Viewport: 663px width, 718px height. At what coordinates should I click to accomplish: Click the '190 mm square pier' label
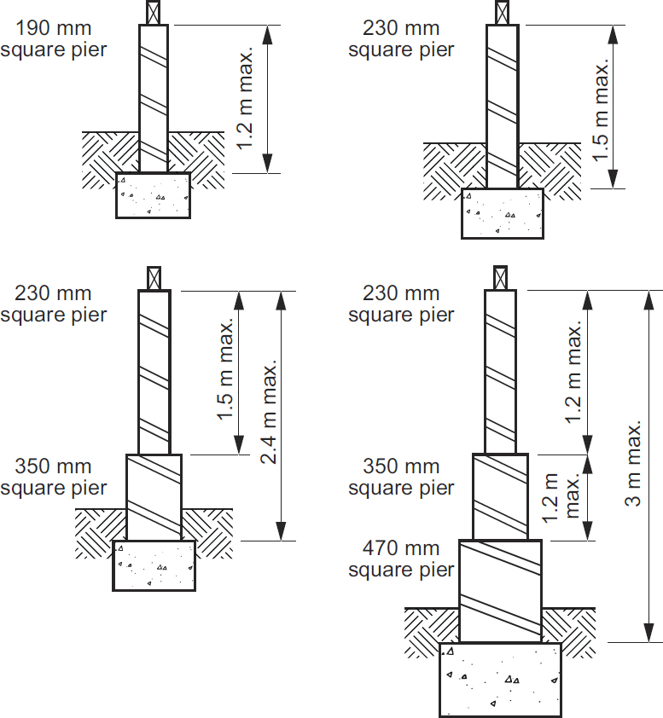(x=54, y=39)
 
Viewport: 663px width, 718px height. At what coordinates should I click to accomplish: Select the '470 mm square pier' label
(x=401, y=559)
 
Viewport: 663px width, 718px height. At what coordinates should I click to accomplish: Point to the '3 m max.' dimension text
(x=634, y=465)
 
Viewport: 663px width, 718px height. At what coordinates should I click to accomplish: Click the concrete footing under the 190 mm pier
(x=154, y=195)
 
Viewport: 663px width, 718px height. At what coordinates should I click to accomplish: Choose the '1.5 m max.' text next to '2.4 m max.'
(x=225, y=371)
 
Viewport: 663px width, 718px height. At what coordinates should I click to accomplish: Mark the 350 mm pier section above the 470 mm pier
(x=500, y=496)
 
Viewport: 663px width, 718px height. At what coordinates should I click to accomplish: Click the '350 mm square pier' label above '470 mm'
(x=401, y=478)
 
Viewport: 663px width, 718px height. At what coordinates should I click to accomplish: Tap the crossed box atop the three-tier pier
(x=500, y=277)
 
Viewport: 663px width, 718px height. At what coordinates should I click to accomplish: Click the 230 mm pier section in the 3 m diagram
(x=500, y=371)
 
